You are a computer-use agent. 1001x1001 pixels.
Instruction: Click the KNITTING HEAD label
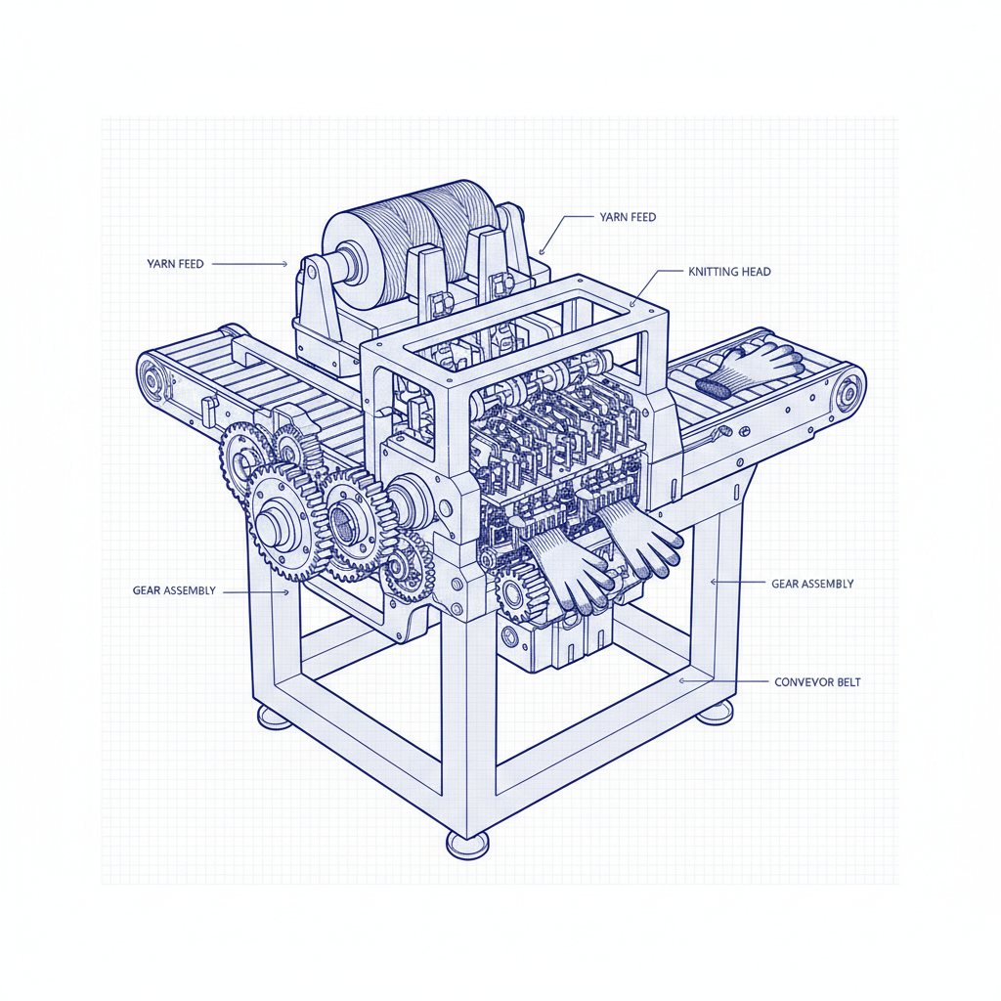[729, 272]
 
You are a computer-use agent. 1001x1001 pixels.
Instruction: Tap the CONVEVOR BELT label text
[817, 681]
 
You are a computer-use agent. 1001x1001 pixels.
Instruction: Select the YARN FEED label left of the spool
[175, 264]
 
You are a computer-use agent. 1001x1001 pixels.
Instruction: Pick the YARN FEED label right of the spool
[628, 217]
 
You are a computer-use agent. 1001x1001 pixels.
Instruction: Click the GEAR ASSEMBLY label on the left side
[174, 590]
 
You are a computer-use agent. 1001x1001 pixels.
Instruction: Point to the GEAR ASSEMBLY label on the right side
[812, 584]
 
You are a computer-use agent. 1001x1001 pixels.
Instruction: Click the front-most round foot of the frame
[468, 846]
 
